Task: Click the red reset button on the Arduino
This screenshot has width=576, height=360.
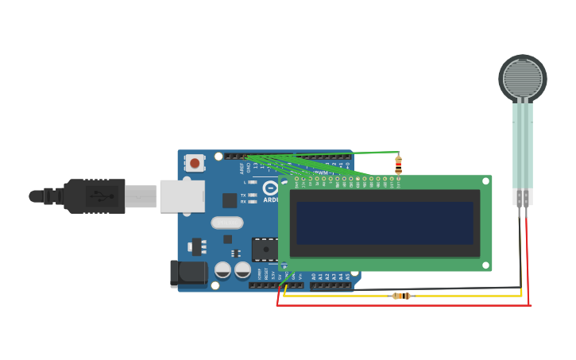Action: pos(195,163)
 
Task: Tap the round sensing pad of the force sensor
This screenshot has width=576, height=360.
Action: pos(523,77)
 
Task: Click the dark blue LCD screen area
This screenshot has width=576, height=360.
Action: pos(385,223)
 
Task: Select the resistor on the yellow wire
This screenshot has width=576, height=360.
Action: pos(402,296)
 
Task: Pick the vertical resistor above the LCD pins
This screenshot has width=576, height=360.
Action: pos(398,165)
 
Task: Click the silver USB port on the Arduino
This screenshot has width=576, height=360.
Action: pos(182,195)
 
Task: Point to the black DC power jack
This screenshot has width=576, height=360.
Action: pos(188,274)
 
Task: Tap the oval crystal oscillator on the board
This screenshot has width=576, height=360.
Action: pos(227,223)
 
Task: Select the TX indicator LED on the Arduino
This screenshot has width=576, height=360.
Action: pos(252,195)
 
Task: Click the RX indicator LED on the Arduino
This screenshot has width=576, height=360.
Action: pos(252,202)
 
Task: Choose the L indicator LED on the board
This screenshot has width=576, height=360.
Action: pos(252,182)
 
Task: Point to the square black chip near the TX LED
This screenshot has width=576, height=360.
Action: pos(230,200)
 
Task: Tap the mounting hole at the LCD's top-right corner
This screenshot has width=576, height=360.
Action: pos(486,182)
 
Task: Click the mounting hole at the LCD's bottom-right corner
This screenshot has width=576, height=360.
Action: pos(486,265)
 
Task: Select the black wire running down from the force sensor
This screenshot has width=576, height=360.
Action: pos(520,246)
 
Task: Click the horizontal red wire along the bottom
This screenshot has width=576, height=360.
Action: pos(397,304)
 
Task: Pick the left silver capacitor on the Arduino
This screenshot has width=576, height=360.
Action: pos(223,270)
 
